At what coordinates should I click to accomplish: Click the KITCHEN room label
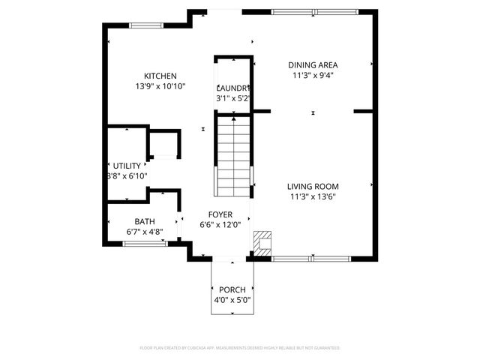click(160, 76)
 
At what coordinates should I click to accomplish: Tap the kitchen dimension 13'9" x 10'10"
click(160, 86)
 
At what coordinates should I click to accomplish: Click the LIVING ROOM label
click(313, 187)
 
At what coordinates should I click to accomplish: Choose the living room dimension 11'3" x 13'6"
click(313, 197)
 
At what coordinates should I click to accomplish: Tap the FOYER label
click(220, 214)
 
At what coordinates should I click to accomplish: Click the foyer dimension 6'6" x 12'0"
click(220, 224)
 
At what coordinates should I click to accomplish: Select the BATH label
click(145, 221)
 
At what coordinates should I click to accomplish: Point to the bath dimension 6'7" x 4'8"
click(145, 232)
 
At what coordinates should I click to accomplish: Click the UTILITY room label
click(126, 166)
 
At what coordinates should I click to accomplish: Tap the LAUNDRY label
click(232, 88)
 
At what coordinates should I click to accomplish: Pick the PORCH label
click(232, 289)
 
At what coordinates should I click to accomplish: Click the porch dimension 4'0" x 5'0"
click(232, 300)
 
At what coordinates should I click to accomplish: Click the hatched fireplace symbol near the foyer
click(262, 241)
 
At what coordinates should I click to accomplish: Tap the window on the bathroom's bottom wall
click(144, 244)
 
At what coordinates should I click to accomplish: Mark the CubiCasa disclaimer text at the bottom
click(240, 348)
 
